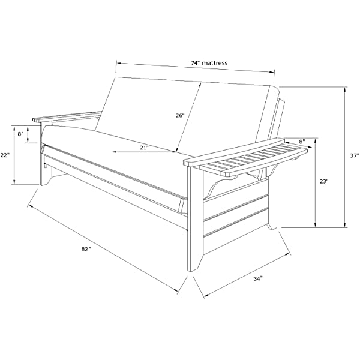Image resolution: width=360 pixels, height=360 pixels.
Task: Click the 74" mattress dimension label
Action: (209, 63)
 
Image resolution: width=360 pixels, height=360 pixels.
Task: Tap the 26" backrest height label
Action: (180, 115)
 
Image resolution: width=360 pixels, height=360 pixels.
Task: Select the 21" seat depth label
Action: (145, 148)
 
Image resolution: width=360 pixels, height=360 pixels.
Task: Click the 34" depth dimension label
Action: (258, 279)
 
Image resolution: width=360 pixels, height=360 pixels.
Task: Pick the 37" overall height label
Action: (354, 155)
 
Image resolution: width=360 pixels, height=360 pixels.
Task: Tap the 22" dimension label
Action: (5, 155)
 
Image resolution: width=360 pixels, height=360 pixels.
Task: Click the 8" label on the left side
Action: (20, 134)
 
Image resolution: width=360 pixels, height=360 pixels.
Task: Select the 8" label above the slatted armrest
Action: (302, 142)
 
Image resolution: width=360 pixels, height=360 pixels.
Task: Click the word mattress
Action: (215, 63)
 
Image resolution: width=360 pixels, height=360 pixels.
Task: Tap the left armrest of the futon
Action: (67, 116)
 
